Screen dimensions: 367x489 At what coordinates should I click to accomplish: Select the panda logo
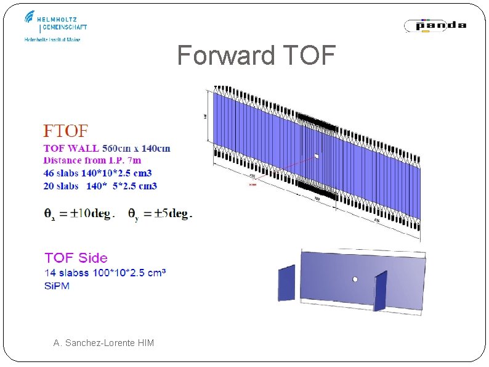pyautogui.click(x=435, y=25)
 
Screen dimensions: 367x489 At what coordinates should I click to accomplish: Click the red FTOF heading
pyautogui.click(x=66, y=131)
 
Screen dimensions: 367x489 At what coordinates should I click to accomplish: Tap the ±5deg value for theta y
pyautogui.click(x=169, y=214)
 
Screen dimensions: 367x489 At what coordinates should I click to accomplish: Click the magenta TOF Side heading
pyautogui.click(x=76, y=258)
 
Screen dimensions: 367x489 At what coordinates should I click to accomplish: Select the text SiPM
pyautogui.click(x=57, y=285)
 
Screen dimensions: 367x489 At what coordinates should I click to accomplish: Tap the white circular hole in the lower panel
pyautogui.click(x=355, y=279)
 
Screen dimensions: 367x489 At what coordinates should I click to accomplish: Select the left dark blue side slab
pyautogui.click(x=286, y=284)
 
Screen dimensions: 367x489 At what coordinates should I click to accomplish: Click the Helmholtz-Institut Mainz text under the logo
pyautogui.click(x=52, y=39)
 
